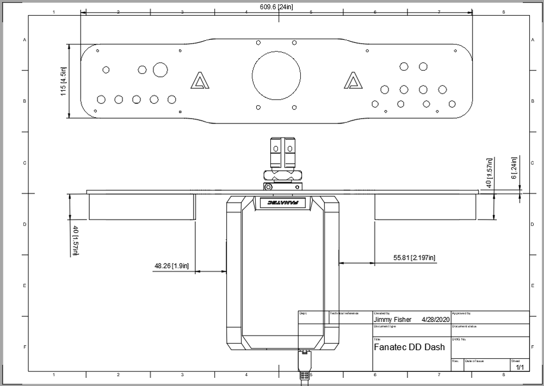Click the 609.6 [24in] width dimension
point(276,7)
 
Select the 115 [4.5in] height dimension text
point(63,82)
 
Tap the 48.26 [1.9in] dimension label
point(171,266)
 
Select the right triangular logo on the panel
point(354,81)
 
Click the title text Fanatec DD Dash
point(409,347)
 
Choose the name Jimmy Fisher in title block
point(393,320)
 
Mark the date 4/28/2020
point(436,320)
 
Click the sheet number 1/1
point(520,368)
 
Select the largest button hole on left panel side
point(160,70)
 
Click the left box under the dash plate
point(141,206)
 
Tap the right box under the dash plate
point(425,206)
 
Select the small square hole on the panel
point(180,112)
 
